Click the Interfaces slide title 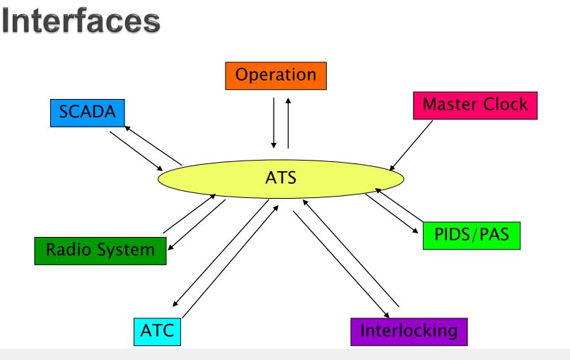tap(81, 21)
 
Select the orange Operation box tap(276, 76)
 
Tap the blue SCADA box tap(88, 112)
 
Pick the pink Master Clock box tap(475, 105)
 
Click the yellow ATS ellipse tap(281, 179)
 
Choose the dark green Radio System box tap(100, 251)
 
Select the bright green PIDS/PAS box tap(472, 236)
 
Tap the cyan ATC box tap(157, 332)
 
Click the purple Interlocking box tap(409, 332)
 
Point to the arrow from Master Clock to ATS tap(411, 146)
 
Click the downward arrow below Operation tap(274, 123)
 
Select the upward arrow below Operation tap(289, 123)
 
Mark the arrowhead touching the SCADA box tap(127, 128)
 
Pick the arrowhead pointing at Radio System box tap(170, 248)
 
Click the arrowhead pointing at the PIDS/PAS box tap(415, 231)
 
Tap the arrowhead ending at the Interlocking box tap(386, 315)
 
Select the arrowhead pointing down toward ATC tap(175, 303)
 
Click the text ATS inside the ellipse tap(281, 178)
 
